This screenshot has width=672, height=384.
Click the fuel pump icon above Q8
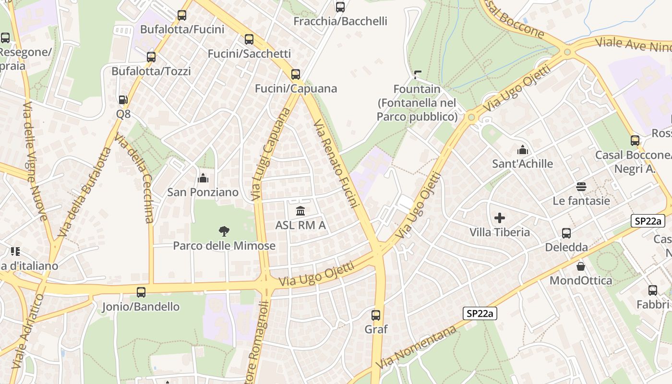click(123, 100)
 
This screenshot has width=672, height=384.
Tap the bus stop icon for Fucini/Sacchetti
click(249, 39)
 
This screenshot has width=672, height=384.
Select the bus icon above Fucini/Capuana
click(296, 74)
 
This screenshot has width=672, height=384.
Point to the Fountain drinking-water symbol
click(417, 74)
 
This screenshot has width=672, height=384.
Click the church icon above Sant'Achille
click(522, 150)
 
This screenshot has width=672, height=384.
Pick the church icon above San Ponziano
click(203, 179)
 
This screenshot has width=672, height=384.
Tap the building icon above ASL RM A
click(300, 211)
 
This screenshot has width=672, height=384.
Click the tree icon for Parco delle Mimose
click(224, 232)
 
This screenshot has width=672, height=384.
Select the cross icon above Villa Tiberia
click(500, 218)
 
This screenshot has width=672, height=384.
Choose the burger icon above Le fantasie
click(581, 187)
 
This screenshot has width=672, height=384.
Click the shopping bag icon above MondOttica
click(581, 266)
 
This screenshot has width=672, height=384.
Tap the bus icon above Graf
click(376, 315)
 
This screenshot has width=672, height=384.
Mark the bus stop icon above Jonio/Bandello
click(141, 292)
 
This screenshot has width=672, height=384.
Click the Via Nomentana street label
click(416, 347)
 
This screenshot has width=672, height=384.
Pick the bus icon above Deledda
click(566, 233)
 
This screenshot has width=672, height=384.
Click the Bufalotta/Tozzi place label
click(151, 72)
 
